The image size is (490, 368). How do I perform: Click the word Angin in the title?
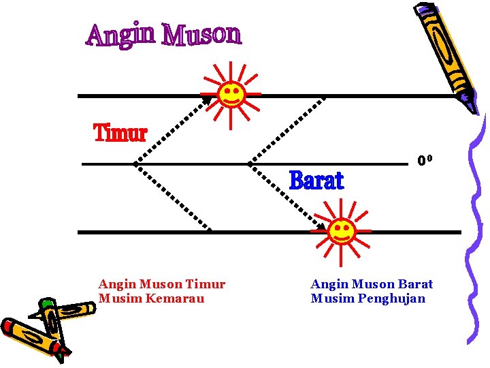click(120, 35)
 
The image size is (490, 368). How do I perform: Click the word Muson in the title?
click(201, 34)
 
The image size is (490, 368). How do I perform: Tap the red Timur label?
click(120, 134)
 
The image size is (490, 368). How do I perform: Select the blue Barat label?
click(316, 181)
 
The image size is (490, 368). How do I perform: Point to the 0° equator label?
click(425, 161)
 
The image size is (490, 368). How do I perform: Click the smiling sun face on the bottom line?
click(341, 230)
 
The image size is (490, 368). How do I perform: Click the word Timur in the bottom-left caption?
click(205, 284)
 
